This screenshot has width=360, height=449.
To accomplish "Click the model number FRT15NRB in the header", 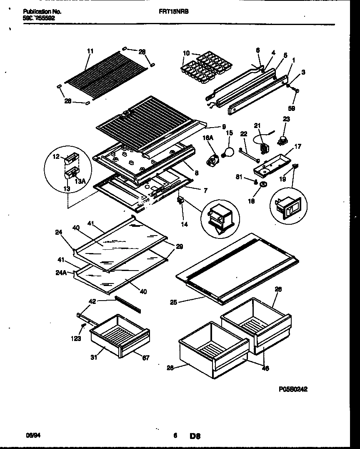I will pyautogui.click(x=174, y=12).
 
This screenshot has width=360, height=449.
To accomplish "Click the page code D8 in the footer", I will pyautogui.click(x=195, y=436).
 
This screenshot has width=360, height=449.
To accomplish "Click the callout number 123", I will pyautogui.click(x=75, y=339).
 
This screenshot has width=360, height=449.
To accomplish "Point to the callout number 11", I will pyautogui.click(x=90, y=51).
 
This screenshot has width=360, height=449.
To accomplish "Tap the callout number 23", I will pyautogui.click(x=286, y=119).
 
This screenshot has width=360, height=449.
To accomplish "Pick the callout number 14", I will pyautogui.click(x=184, y=224).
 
